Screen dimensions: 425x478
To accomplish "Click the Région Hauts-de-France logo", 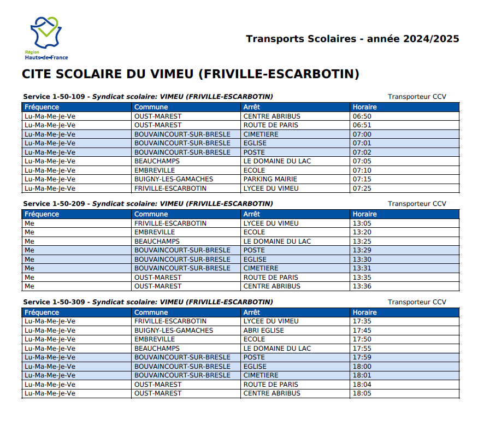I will [x=46, y=38].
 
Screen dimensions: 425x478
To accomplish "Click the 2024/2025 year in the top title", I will [x=431, y=39].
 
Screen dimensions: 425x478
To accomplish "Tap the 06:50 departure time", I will [x=362, y=116].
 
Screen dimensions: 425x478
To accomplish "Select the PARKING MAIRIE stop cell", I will [x=270, y=179].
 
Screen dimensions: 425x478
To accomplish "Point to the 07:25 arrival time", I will [x=362, y=188].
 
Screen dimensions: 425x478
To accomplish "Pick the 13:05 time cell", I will [x=362, y=223].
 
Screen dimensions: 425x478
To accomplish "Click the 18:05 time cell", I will [x=362, y=393].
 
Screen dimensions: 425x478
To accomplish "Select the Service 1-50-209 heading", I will [x=54, y=204].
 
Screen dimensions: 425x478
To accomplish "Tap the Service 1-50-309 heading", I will [x=54, y=302].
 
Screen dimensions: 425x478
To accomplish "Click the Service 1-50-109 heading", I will [x=54, y=97].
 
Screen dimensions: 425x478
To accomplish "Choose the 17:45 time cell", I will [x=362, y=330].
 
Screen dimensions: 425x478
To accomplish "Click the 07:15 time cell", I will [x=362, y=179].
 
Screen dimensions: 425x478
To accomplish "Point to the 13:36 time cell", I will [x=362, y=286].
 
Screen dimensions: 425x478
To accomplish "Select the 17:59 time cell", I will [x=362, y=357].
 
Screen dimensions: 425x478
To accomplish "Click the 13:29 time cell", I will [x=362, y=250].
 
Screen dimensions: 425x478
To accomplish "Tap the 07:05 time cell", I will [x=362, y=161].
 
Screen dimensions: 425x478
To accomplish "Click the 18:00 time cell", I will [x=362, y=367].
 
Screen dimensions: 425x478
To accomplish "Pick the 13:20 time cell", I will [x=362, y=232].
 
